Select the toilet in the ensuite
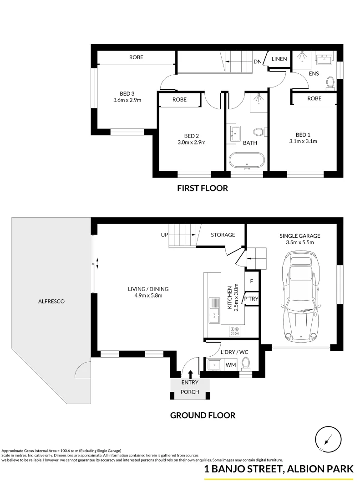pyautogui.click(x=330, y=82)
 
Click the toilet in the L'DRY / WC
pyautogui.click(x=246, y=364)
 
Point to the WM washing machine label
pyautogui.click(x=230, y=364)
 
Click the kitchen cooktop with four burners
pyautogui.click(x=235, y=331)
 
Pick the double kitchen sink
pyautogui.click(x=213, y=310)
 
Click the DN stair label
pyautogui.click(x=258, y=62)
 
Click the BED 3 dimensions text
pyautogui.click(x=127, y=100)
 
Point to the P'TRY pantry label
pyautogui.click(x=252, y=298)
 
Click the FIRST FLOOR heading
pyautogui.click(x=203, y=188)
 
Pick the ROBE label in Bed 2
pyautogui.click(x=179, y=99)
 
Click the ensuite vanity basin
pyautogui.click(x=326, y=59)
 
